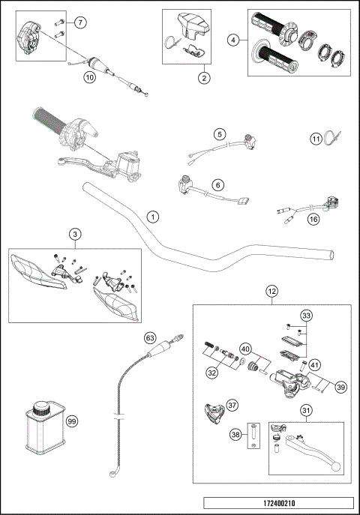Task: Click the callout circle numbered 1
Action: [x=153, y=217]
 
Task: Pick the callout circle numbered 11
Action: [x=316, y=138]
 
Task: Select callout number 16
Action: [x=313, y=219]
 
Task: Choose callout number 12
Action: [x=272, y=291]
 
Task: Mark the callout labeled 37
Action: [x=232, y=406]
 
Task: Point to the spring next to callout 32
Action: [x=210, y=347]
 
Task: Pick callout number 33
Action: [x=305, y=316]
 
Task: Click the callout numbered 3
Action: [x=75, y=235]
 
